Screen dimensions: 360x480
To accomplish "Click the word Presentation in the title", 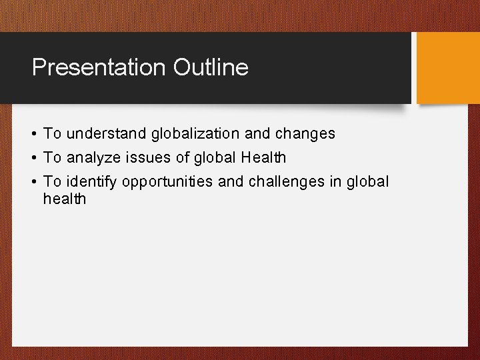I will click(99, 67).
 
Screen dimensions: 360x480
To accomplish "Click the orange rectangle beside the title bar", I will click(447, 67).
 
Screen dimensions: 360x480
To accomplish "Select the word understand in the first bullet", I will click(107, 133).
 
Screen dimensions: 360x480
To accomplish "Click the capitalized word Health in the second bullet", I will click(265, 157).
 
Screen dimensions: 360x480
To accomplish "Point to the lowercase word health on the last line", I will click(65, 199).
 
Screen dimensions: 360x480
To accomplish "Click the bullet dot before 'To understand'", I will click(33, 134).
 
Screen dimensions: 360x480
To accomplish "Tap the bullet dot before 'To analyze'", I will click(33, 158).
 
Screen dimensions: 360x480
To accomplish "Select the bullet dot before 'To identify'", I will click(33, 182).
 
